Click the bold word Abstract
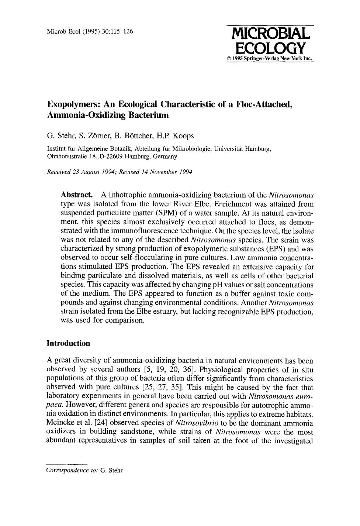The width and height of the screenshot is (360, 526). [x=76, y=195]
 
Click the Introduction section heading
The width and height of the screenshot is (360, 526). [x=68, y=343]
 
